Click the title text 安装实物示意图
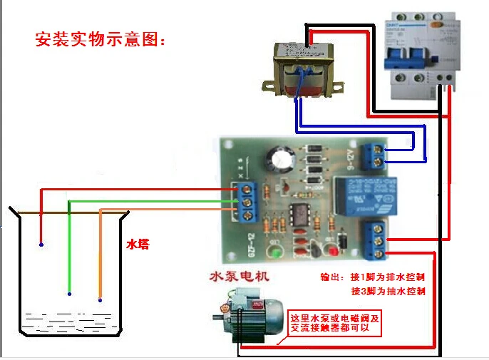click(100, 39)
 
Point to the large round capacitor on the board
click(279, 158)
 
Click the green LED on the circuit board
click(274, 252)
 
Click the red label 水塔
click(138, 244)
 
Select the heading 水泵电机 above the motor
click(239, 276)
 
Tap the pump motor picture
click(242, 314)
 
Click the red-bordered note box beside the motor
click(335, 323)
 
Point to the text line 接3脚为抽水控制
click(388, 291)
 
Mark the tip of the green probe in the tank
click(69, 293)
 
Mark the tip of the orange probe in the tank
click(100, 299)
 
